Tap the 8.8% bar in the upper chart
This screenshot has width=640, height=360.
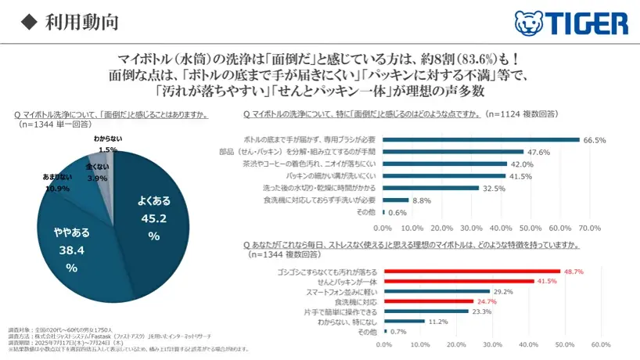pyautogui.click(x=395, y=200)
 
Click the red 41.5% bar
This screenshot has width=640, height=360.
pyautogui.click(x=454, y=280)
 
